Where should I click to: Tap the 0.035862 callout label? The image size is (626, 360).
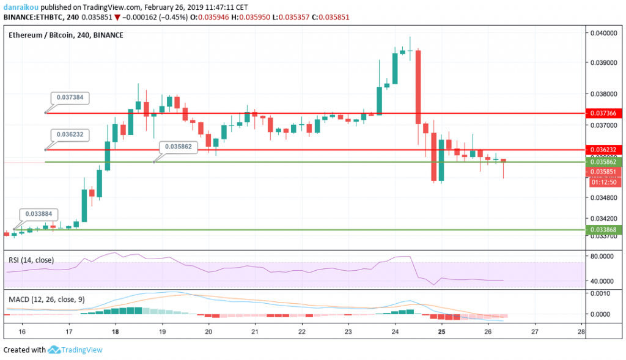tap(179, 147)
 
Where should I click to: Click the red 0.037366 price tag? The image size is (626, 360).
tap(604, 113)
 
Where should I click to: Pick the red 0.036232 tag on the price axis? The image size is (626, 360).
tap(604, 150)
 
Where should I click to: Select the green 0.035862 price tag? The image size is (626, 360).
tap(604, 163)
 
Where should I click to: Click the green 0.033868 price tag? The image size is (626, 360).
tap(604, 229)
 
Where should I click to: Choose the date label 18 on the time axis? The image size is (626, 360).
tap(116, 331)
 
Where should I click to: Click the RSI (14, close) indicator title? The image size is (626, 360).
tap(35, 260)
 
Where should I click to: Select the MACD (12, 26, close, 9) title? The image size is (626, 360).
tap(48, 300)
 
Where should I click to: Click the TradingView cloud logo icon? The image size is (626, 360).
tap(53, 350)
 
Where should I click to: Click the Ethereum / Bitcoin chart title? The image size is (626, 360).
tap(65, 35)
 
